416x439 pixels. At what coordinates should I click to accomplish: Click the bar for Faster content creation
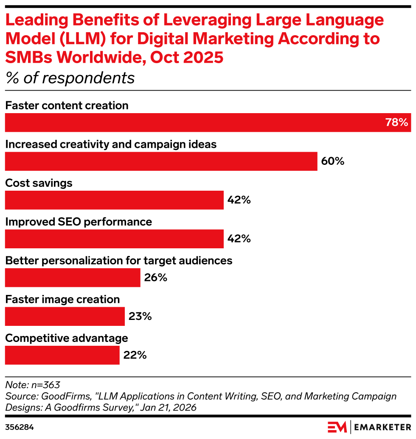[x=208, y=122]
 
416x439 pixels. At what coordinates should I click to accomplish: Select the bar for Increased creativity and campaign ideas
[x=161, y=161]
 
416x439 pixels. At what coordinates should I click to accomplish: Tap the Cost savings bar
[x=114, y=200]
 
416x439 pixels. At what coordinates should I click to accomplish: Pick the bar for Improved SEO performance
[x=114, y=239]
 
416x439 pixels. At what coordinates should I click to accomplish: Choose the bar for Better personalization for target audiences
[x=73, y=278]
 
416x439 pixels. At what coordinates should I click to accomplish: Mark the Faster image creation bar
[x=65, y=317]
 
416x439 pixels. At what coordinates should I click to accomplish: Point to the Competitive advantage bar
[x=62, y=355]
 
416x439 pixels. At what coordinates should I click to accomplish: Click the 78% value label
[x=396, y=123]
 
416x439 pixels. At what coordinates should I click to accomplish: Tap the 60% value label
[x=332, y=161]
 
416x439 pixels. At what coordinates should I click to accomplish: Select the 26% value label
[x=155, y=278]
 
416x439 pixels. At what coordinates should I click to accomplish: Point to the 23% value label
[x=140, y=317]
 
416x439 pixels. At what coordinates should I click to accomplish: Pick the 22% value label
[x=135, y=355]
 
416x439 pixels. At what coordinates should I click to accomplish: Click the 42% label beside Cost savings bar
[x=239, y=200]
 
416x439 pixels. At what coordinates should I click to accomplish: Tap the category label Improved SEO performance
[x=79, y=222]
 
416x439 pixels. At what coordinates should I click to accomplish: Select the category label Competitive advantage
[x=67, y=338]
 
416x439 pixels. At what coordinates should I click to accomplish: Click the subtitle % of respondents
[x=70, y=78]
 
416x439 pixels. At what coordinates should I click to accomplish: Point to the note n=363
[x=33, y=385]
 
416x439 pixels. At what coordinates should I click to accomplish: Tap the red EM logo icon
[x=337, y=426]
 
